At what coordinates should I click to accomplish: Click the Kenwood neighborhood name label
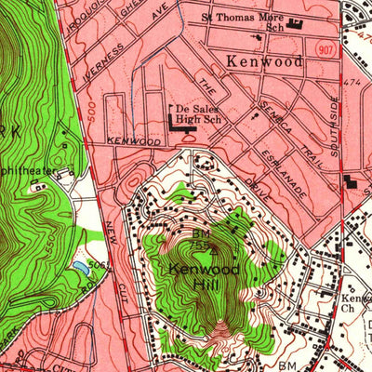point(264,61)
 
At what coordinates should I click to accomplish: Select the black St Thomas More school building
point(297,25)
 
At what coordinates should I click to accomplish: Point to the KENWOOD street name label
point(127,139)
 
